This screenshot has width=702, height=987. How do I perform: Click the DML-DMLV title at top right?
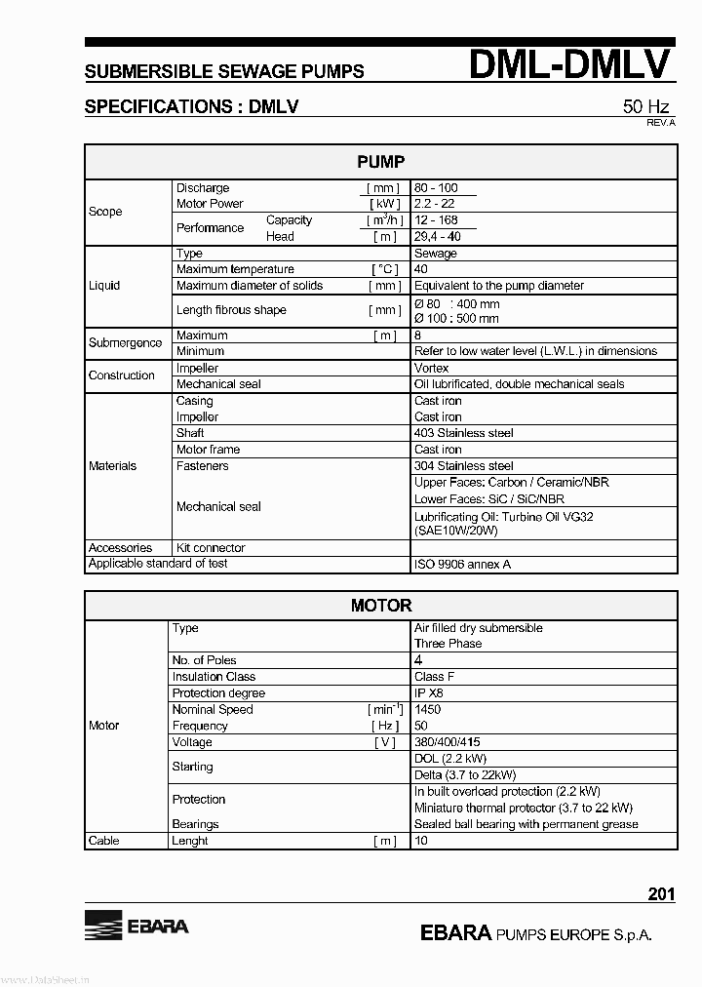click(x=570, y=64)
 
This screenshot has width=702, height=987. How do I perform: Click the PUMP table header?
click(x=380, y=162)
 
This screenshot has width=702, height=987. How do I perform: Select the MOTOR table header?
click(x=380, y=606)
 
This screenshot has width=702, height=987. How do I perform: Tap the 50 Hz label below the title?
click(x=646, y=107)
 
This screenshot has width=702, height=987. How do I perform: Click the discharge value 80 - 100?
click(x=436, y=188)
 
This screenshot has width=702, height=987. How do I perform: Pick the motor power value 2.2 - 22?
click(x=434, y=204)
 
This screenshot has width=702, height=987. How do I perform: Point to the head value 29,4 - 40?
click(x=438, y=237)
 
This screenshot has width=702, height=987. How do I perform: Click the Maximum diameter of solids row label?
click(x=250, y=286)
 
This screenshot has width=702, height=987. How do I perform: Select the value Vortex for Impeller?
click(x=432, y=369)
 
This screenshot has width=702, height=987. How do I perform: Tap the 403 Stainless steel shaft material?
click(x=463, y=433)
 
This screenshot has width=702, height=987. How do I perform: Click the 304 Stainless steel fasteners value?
click(x=463, y=466)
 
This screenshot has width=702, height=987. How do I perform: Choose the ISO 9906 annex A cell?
click(x=462, y=564)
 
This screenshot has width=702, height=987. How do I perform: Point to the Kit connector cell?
click(x=211, y=548)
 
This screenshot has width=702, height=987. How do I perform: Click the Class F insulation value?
click(x=433, y=677)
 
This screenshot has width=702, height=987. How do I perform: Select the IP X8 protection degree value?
click(x=429, y=693)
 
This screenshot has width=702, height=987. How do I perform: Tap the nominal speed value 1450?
click(x=428, y=710)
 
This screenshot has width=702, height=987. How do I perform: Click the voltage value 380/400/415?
click(x=448, y=742)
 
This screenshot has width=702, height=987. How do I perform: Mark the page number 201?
click(x=661, y=894)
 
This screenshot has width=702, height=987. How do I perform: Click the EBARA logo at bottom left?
click(x=136, y=926)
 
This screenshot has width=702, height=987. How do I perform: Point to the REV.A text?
click(x=661, y=123)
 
